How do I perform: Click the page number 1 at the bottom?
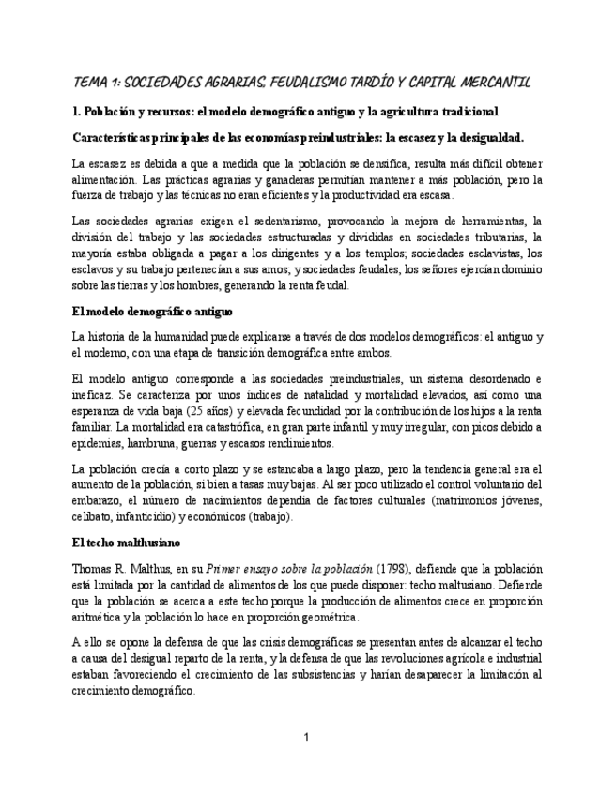pos(307,737)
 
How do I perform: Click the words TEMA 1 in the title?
pos(96,83)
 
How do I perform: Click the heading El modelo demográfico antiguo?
pos(152,310)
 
